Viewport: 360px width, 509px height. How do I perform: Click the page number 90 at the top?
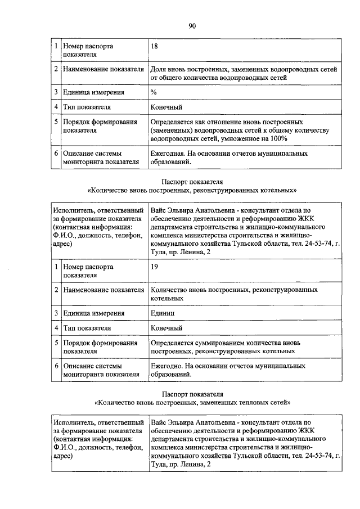click(x=192, y=25)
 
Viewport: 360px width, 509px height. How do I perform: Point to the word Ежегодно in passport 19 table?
click(x=166, y=365)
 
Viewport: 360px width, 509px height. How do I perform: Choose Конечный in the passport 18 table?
click(x=166, y=107)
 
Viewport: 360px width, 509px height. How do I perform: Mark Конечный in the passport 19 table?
click(x=166, y=327)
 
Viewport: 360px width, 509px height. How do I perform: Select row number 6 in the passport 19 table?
click(x=56, y=365)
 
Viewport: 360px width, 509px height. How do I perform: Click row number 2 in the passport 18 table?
click(x=56, y=69)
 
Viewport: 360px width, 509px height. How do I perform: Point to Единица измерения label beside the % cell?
click(x=94, y=92)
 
